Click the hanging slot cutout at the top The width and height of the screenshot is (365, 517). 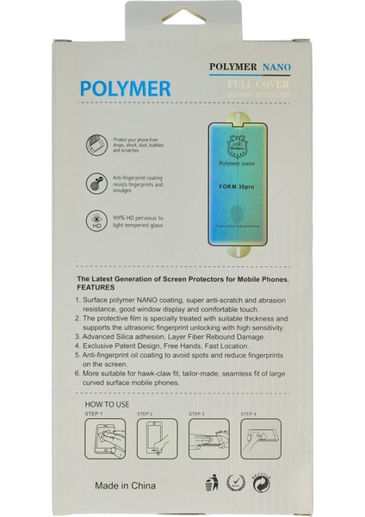(x=182, y=23)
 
